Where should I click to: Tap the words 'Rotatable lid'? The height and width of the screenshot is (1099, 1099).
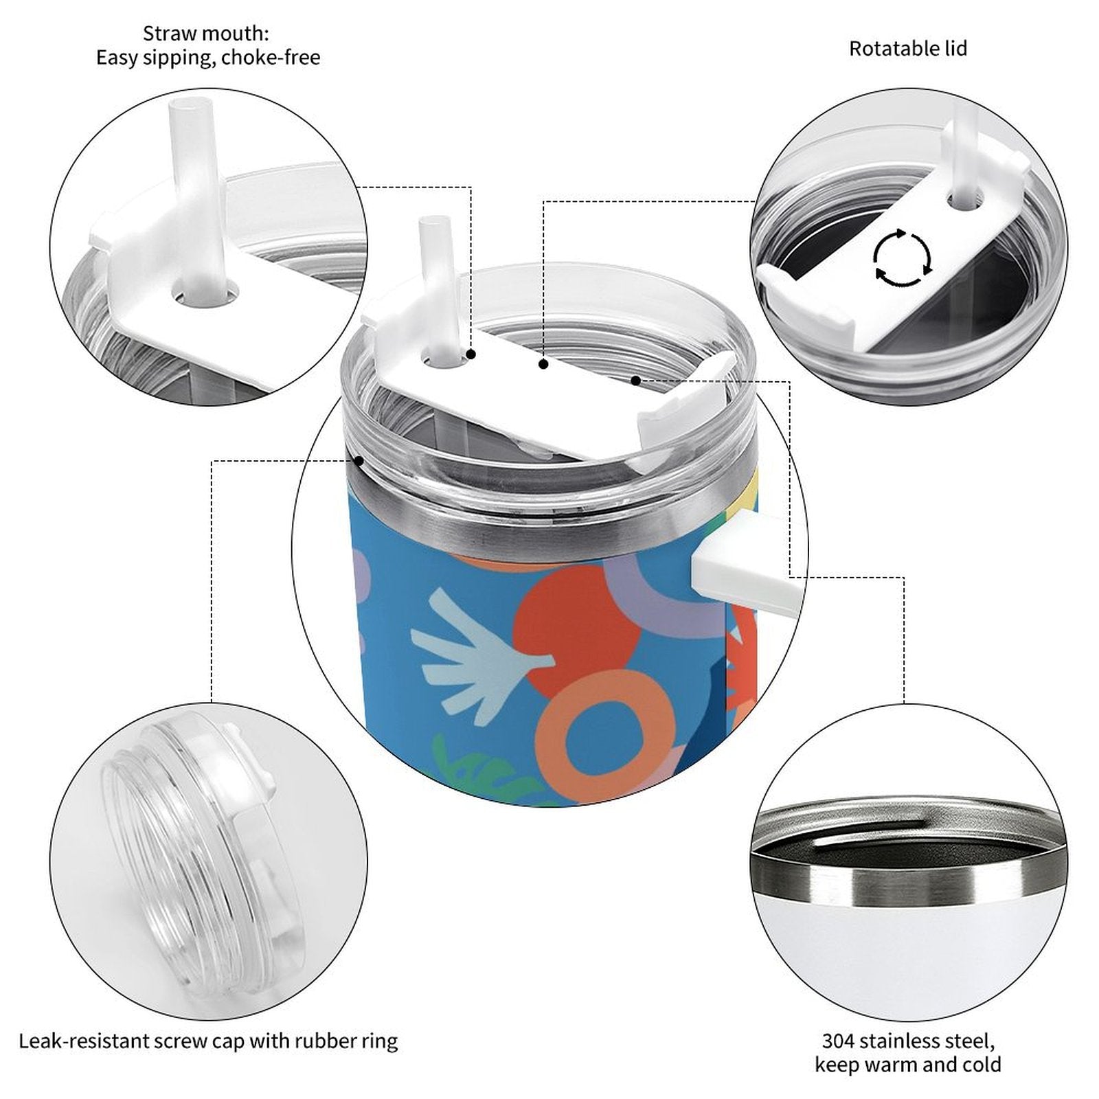(908, 49)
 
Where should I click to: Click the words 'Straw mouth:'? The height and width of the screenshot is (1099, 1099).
(206, 33)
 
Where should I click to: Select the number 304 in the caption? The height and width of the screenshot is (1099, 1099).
(838, 1041)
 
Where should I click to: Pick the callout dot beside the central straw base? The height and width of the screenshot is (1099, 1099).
(471, 354)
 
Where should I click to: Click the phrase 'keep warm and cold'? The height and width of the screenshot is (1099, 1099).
(908, 1065)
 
